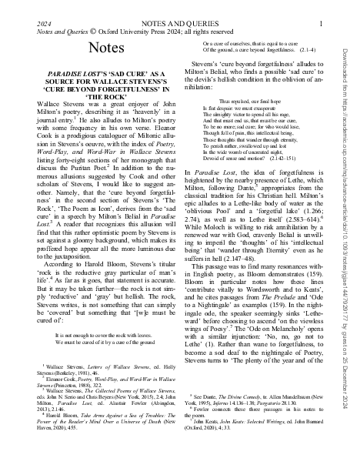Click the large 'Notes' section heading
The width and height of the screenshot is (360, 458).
[100, 48]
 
